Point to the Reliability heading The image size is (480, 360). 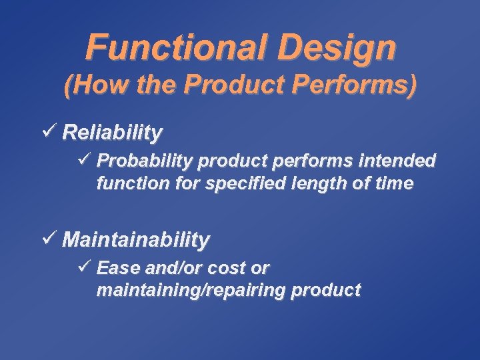click(x=111, y=133)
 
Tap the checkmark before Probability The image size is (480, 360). click(x=83, y=160)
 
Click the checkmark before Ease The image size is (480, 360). click(x=83, y=267)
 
